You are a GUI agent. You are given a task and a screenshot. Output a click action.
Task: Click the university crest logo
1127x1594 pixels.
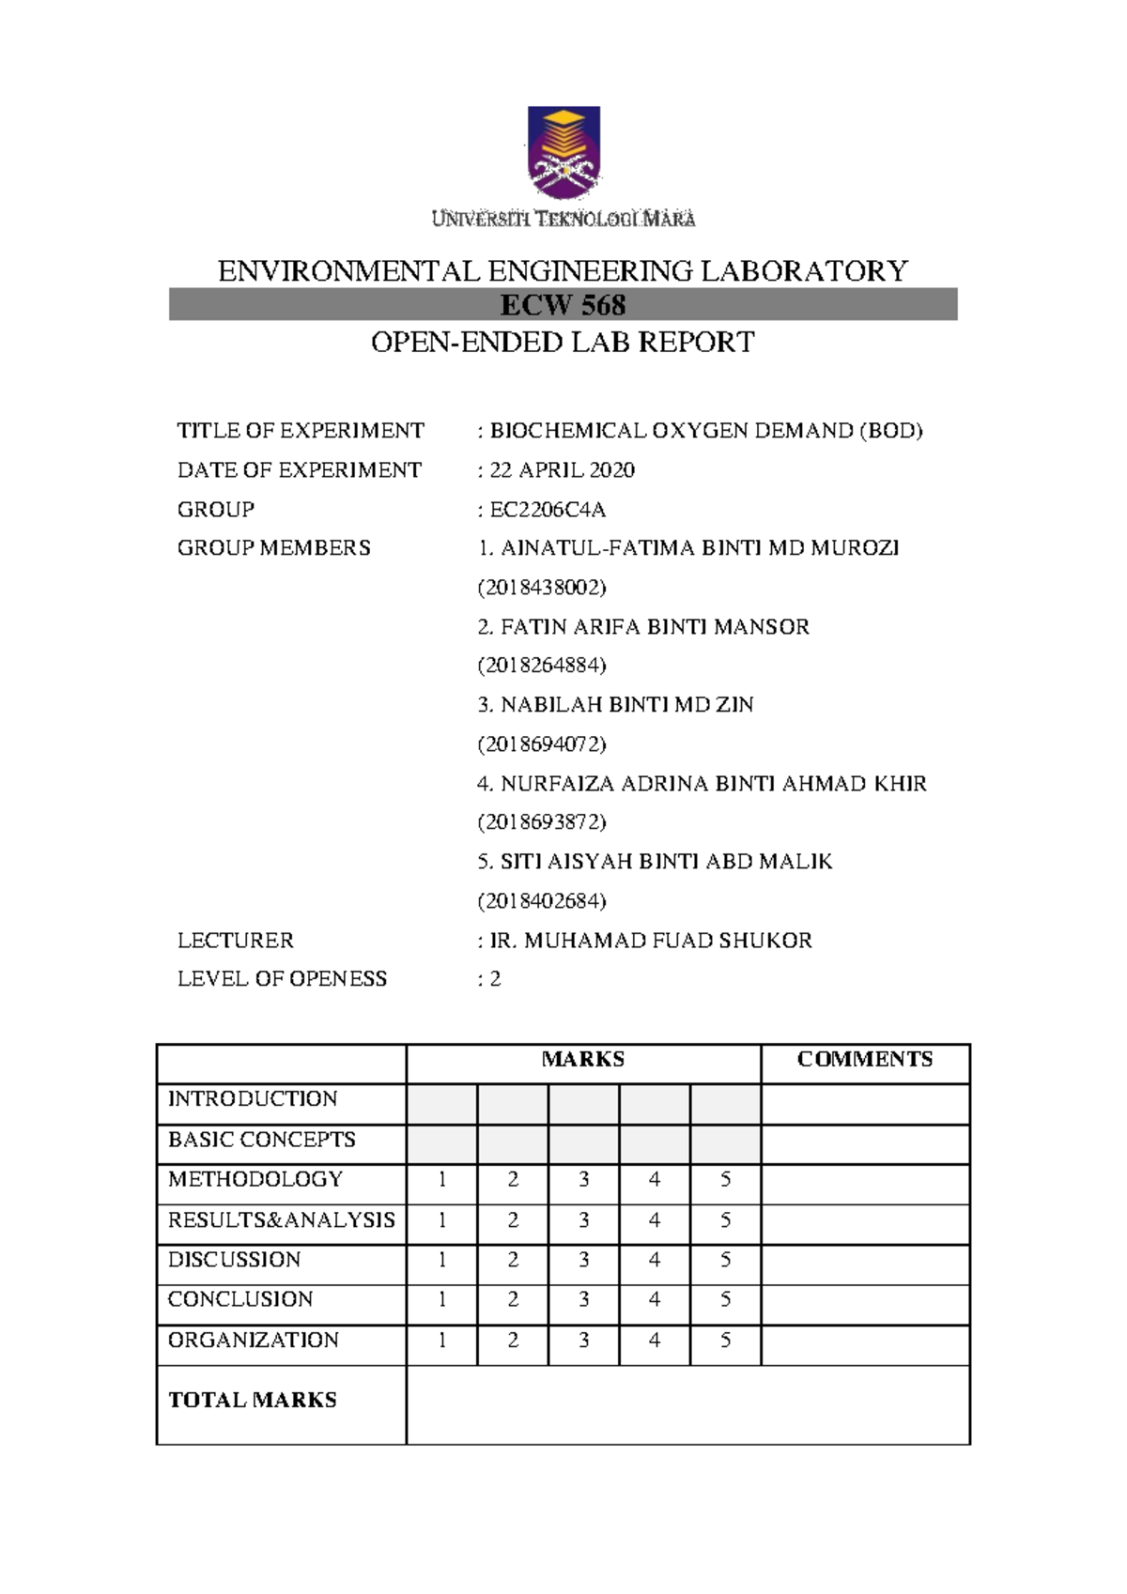click(x=563, y=152)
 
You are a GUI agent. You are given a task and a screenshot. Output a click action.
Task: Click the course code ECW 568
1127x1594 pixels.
click(x=563, y=305)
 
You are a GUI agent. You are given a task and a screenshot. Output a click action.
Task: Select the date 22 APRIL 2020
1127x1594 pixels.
click(x=562, y=469)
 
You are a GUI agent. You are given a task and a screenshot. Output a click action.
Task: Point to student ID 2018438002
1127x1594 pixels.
click(x=542, y=588)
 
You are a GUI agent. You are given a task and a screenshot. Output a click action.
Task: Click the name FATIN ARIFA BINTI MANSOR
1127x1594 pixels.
click(x=654, y=626)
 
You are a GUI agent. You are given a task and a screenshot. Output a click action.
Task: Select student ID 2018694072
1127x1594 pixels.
click(x=542, y=744)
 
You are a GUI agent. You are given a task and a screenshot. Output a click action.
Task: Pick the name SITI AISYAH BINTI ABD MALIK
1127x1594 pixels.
click(x=665, y=861)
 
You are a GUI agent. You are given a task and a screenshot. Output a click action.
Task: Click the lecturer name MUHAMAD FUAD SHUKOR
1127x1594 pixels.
click(x=667, y=940)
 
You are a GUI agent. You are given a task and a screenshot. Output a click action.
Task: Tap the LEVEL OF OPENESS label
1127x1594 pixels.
click(x=282, y=978)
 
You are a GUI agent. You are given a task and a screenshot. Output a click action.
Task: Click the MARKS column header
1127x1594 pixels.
click(x=582, y=1059)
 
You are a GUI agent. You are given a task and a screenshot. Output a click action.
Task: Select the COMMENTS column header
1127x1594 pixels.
click(x=864, y=1059)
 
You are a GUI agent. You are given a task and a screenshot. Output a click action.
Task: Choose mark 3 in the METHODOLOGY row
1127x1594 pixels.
click(x=583, y=1179)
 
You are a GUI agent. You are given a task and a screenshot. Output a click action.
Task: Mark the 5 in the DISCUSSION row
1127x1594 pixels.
click(x=725, y=1260)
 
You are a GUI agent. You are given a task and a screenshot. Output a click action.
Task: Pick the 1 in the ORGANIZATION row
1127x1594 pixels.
click(x=442, y=1340)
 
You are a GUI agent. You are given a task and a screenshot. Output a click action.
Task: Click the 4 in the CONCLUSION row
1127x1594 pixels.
click(x=655, y=1299)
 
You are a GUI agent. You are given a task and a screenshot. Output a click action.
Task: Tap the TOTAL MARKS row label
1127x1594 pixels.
click(x=252, y=1400)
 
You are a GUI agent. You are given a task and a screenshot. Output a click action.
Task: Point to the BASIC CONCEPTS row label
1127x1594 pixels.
click(x=261, y=1140)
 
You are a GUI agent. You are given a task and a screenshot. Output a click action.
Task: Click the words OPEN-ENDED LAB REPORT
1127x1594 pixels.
click(x=563, y=343)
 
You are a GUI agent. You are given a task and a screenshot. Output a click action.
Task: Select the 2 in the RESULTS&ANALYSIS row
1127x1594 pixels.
click(x=513, y=1219)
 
